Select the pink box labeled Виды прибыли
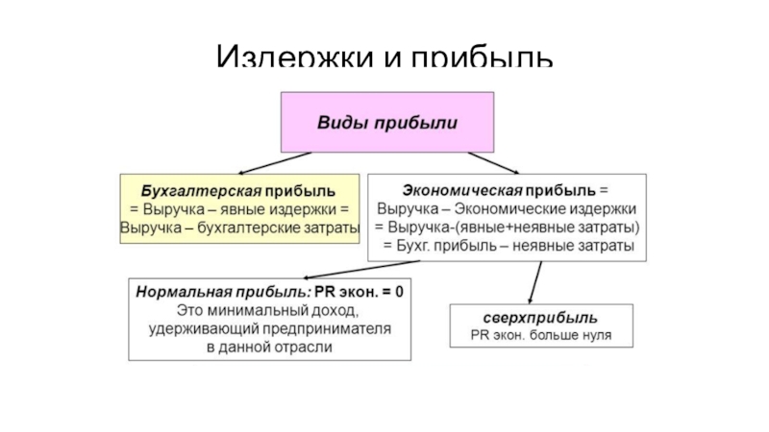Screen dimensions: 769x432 click(388, 124)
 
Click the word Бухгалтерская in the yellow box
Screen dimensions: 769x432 click(187, 190)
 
